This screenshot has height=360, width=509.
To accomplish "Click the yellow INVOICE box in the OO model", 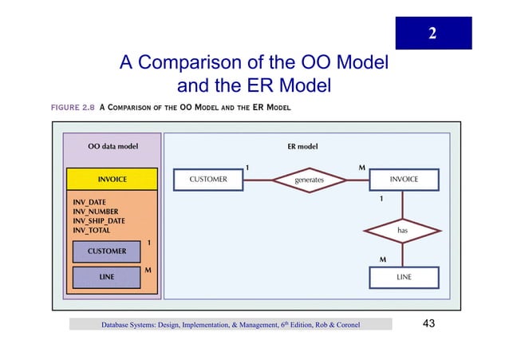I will (112, 180).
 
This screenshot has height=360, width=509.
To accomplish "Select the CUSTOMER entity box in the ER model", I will (207, 180).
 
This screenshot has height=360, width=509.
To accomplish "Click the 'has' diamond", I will (403, 230).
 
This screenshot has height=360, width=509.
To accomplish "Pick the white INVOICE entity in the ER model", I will (404, 180).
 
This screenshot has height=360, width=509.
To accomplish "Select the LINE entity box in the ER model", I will (404, 277).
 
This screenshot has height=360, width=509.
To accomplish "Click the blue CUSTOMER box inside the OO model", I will (106, 251).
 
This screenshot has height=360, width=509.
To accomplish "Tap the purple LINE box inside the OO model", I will (106, 277).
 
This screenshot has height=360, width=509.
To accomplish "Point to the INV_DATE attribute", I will (89, 202).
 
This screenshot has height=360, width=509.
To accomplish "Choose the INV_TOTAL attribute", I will (92, 231).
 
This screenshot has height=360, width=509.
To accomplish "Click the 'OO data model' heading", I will (112, 147).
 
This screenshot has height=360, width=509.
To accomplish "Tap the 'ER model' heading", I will (302, 147).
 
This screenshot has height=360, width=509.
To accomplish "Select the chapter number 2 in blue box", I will (432, 34).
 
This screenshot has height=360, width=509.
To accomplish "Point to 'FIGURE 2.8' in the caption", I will (73, 107).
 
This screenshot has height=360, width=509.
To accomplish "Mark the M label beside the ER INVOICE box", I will (362, 168).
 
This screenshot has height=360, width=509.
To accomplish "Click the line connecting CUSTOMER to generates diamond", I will (258, 180).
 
